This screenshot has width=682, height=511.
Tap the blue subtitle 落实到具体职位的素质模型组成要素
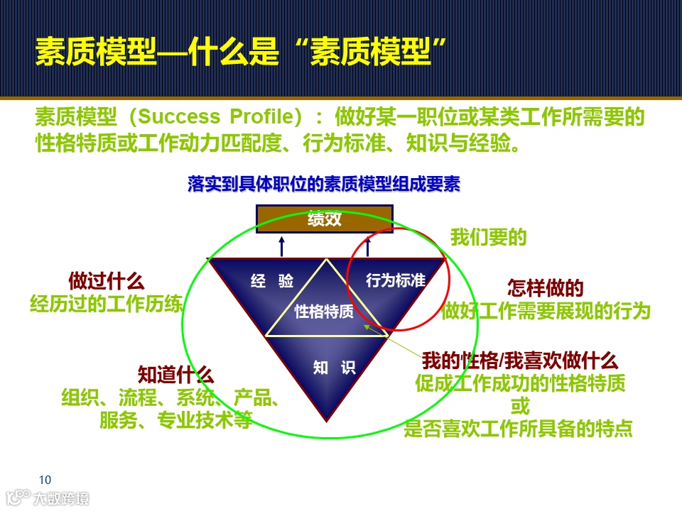324,185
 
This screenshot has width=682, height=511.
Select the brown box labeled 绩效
324,219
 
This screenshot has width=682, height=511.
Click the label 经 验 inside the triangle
272,281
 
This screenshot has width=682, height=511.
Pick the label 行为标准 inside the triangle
395,281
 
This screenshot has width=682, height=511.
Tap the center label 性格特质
324,312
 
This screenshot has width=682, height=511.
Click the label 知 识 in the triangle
334,368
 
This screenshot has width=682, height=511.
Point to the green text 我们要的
489,237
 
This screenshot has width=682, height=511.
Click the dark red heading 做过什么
107,280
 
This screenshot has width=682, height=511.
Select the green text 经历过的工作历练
107,304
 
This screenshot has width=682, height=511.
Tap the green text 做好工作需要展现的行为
546,310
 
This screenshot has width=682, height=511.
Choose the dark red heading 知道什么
175,375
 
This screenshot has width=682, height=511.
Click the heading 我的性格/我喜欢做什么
520,361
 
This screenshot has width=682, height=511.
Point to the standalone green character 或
520,407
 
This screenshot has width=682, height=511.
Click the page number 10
45,479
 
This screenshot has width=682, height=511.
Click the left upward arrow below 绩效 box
281,246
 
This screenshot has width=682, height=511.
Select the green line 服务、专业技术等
175,420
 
